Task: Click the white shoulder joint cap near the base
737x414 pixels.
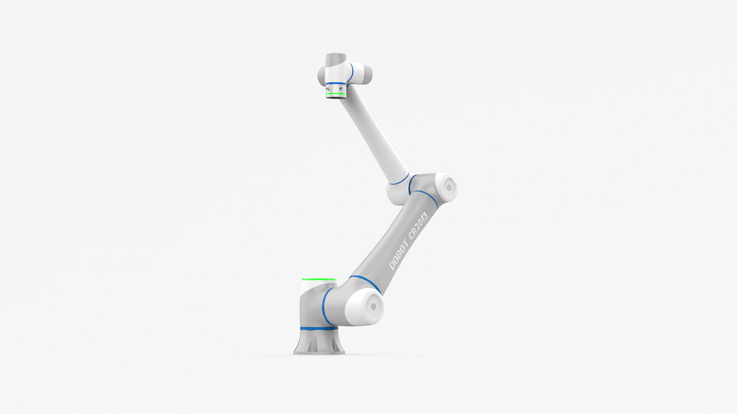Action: pos(365,305)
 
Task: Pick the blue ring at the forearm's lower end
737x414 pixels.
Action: pos(399,180)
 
